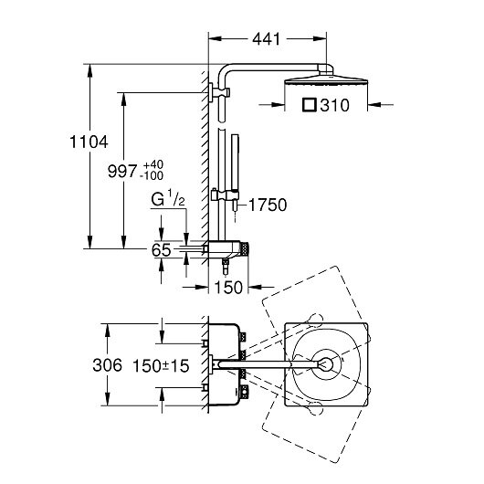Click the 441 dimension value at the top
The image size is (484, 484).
pos(267,39)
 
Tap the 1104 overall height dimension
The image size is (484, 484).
pos(89,142)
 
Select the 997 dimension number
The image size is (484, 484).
pos(122,172)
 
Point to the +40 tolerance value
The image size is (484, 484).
pos(153,164)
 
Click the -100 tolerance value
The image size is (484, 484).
pos(152,175)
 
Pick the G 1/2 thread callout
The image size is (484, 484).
pos(168,198)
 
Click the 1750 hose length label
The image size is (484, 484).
pos(268,205)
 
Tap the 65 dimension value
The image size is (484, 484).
pos(161,250)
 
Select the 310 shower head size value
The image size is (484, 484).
pos(334,105)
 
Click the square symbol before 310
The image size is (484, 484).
pos(310,105)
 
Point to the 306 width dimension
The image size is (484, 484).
pos(108,365)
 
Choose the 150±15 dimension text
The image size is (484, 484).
pos(161,366)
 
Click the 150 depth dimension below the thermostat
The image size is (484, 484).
pos(228,288)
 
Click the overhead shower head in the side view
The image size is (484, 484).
pos(326,80)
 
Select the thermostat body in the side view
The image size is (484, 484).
pos(225,248)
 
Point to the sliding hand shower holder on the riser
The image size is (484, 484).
pos(226,195)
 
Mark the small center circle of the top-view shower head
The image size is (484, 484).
pos(326,364)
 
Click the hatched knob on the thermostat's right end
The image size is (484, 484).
pos(245,248)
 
